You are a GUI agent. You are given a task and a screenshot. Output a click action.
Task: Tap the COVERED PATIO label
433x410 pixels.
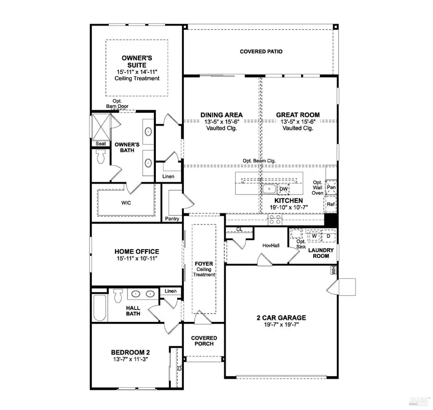tap(261, 52)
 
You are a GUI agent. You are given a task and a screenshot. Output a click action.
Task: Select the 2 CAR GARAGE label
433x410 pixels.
tap(281, 317)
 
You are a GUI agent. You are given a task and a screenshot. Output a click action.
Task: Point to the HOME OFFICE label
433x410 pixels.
tap(137, 251)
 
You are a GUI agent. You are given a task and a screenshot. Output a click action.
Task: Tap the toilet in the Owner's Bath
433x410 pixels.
tap(101, 157)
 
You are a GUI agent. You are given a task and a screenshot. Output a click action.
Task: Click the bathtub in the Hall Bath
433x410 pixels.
tap(100, 305)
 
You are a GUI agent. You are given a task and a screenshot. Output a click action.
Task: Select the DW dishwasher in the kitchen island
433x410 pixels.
tap(283, 189)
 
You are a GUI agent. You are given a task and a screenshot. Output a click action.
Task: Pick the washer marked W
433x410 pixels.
tap(314, 236)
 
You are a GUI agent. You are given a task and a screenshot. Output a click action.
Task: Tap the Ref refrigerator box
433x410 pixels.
tap(331, 204)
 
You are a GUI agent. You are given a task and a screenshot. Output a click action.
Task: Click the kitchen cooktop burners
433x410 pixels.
tap(275, 220)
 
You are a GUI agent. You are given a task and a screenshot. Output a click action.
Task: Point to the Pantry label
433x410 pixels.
tap(172, 219)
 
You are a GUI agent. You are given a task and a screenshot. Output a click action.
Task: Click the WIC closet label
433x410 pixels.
tap(126, 203)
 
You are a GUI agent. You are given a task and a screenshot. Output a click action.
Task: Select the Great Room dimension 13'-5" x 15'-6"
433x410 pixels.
tap(297, 122)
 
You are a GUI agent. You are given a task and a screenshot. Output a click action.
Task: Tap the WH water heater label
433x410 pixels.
tap(333, 271)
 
